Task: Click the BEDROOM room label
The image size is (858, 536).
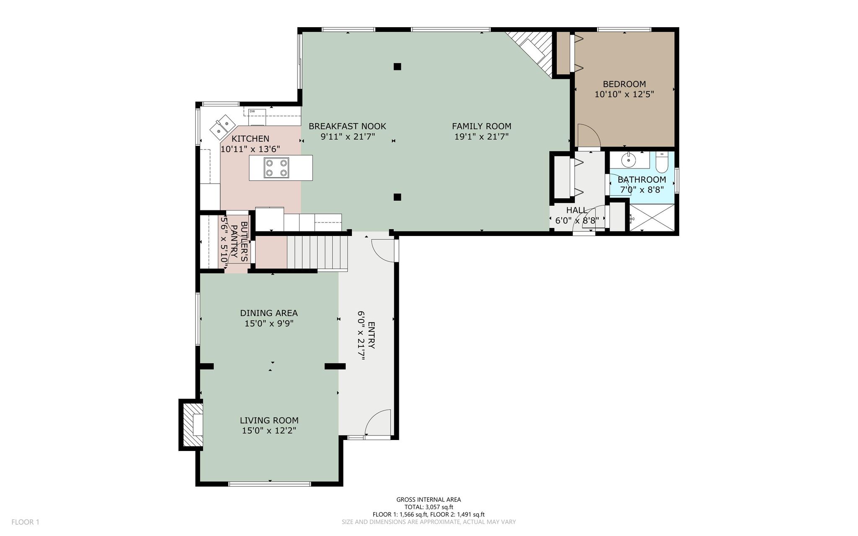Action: click(x=624, y=84)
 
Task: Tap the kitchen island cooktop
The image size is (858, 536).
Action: click(x=276, y=168)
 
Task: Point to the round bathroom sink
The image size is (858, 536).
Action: click(x=628, y=159)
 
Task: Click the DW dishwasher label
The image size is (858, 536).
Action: click(x=252, y=111)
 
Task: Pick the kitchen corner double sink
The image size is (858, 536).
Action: click(x=222, y=127)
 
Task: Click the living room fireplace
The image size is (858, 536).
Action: click(x=192, y=425)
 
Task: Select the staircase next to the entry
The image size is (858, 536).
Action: click(x=317, y=252)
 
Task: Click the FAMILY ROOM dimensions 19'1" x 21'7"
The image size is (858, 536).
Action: click(x=481, y=137)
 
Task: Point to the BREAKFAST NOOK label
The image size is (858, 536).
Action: click(x=347, y=126)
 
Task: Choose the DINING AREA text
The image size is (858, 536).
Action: click(x=269, y=313)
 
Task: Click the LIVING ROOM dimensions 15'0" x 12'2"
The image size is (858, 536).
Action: click(x=269, y=431)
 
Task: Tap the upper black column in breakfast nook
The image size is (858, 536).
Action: click(x=398, y=66)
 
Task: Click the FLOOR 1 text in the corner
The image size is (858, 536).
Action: click(x=25, y=522)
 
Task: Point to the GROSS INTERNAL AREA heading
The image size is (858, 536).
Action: click(x=429, y=500)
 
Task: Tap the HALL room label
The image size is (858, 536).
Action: click(x=576, y=210)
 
